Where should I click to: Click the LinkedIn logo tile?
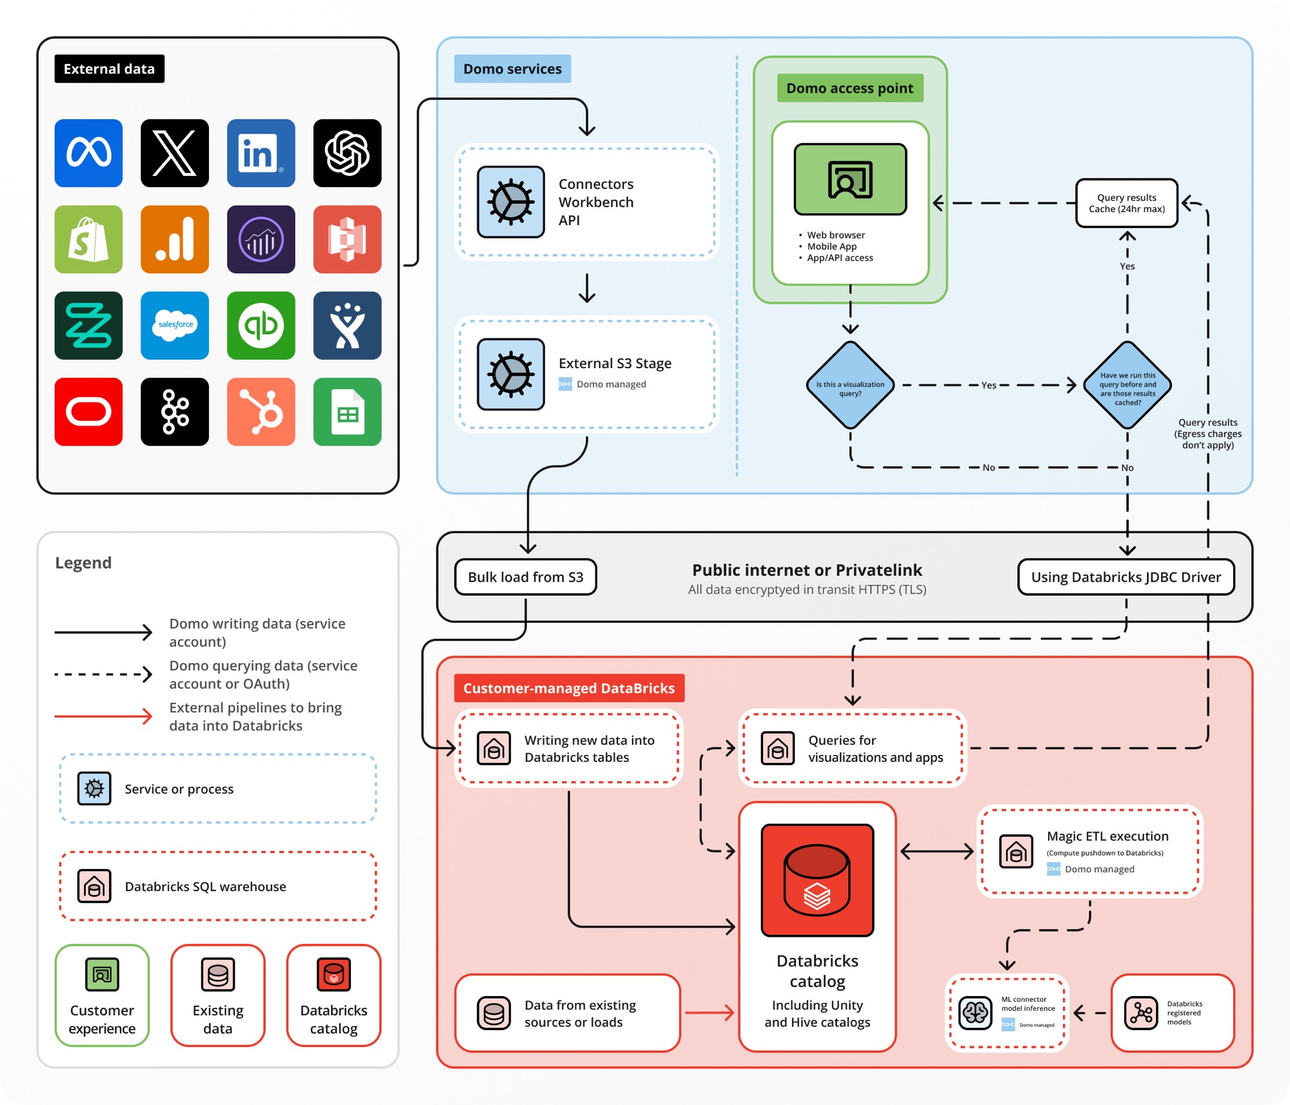pyautogui.click(x=261, y=153)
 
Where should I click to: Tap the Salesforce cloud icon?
pyautogui.click(x=175, y=325)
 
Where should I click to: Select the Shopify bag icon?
pyautogui.click(x=88, y=239)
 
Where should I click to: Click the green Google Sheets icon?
pyautogui.click(x=347, y=411)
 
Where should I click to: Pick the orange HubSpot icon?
pyautogui.click(x=261, y=411)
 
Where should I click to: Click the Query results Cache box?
pyautogui.click(x=1126, y=203)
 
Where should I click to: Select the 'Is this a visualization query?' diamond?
pyautogui.click(x=850, y=385)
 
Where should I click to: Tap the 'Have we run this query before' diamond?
pyautogui.click(x=1127, y=385)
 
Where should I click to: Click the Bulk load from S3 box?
pyautogui.click(x=525, y=577)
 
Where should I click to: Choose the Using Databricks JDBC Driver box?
pyautogui.click(x=1126, y=577)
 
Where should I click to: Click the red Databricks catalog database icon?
pyautogui.click(x=817, y=880)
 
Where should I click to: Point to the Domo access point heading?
pyautogui.click(x=849, y=88)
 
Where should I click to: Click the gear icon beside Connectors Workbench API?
pyautogui.click(x=511, y=202)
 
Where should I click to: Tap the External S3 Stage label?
pyautogui.click(x=615, y=363)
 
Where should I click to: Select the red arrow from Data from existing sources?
pyautogui.click(x=709, y=1013)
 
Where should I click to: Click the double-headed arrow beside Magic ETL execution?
pyautogui.click(x=937, y=852)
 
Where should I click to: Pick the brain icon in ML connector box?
pyautogui.click(x=975, y=1013)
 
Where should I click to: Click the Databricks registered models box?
pyautogui.click(x=1172, y=1013)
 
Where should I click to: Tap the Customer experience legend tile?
pyautogui.click(x=102, y=995)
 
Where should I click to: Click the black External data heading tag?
pyautogui.click(x=109, y=69)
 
